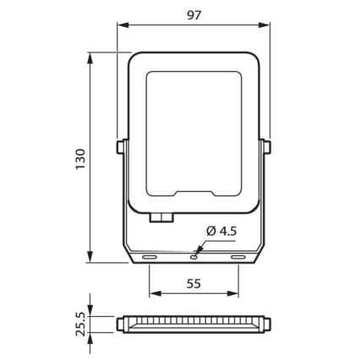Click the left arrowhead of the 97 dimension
pyautogui.click(x=120, y=25)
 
